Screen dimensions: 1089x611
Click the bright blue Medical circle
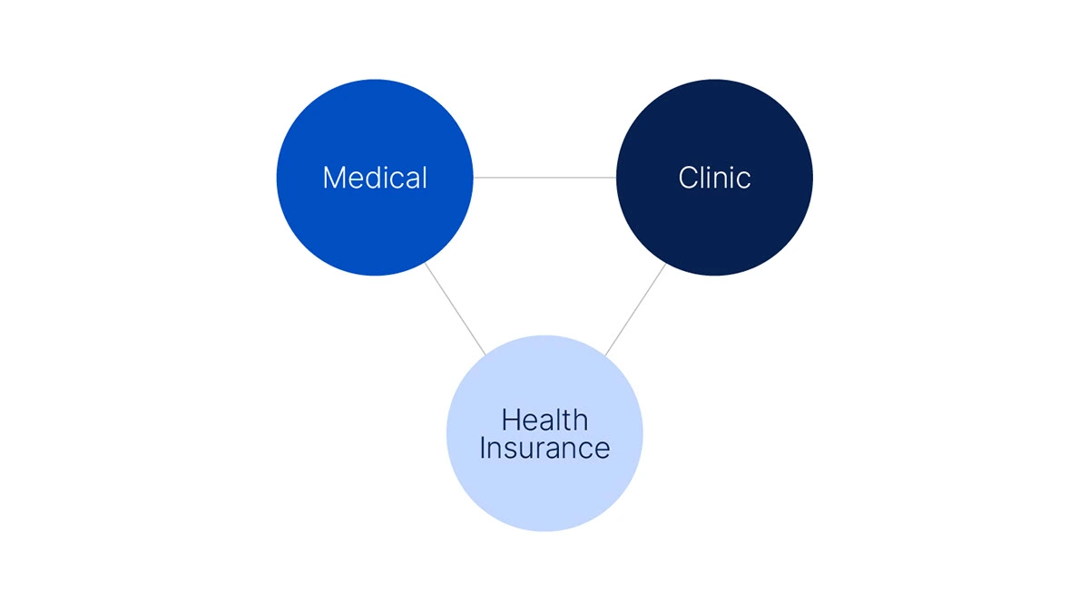click(x=374, y=178)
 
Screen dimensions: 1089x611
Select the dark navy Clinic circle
click(x=714, y=178)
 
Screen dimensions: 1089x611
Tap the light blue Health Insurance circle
click(x=544, y=433)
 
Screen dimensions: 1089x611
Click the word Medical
click(x=375, y=178)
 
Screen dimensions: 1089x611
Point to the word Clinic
click(x=714, y=178)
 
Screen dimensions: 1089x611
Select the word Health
click(x=544, y=420)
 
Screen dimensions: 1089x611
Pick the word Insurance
click(x=544, y=448)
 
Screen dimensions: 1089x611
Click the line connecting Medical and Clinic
click(x=544, y=178)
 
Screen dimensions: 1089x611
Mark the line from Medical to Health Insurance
click(x=455, y=309)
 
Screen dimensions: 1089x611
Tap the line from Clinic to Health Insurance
click(x=635, y=309)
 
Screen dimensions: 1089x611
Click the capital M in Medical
click(x=334, y=178)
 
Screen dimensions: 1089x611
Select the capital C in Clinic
click(x=689, y=178)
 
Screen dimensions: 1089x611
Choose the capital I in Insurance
click(x=482, y=448)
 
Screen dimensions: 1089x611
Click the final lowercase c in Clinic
click(x=743, y=180)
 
